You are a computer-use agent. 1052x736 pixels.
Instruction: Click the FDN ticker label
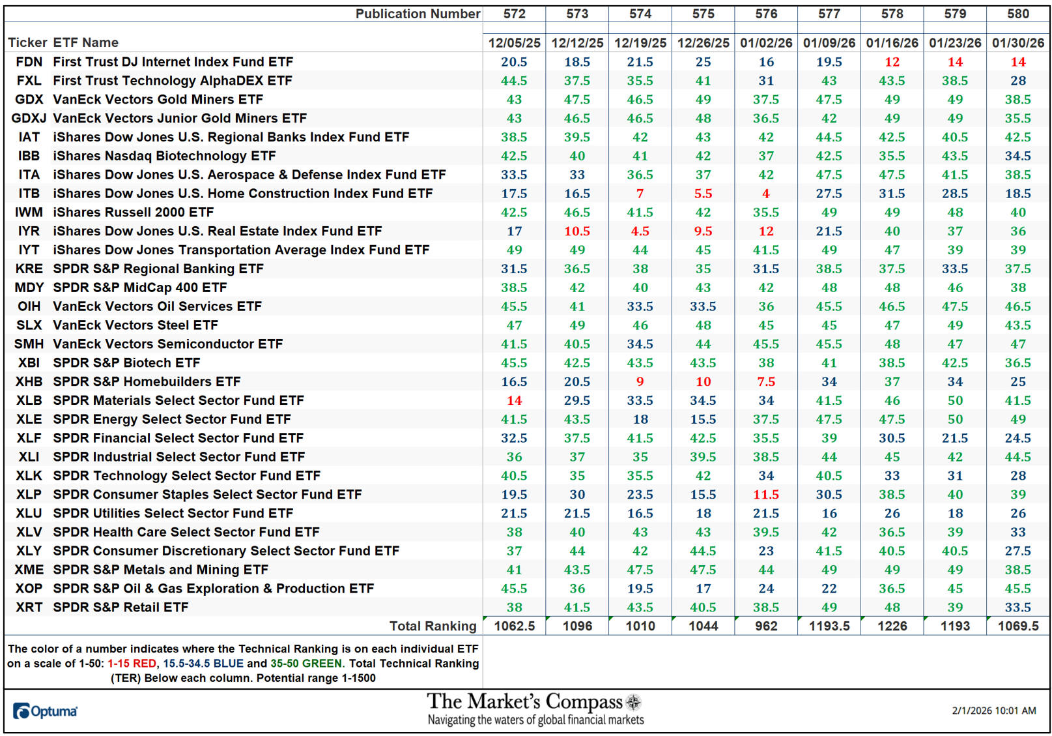pos(29,62)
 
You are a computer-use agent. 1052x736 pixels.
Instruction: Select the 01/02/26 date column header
pos(766,43)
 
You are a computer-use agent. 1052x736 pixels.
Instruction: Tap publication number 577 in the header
pos(829,14)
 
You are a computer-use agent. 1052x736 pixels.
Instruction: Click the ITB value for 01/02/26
pos(766,194)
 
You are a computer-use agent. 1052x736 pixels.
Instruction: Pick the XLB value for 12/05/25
pos(514,400)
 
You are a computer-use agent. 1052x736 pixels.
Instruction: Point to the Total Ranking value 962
pos(766,626)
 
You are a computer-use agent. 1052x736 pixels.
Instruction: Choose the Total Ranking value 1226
pos(892,626)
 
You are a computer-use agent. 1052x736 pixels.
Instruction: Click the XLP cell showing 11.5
pos(766,495)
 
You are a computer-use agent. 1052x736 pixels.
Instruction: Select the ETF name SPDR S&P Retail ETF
pos(121,608)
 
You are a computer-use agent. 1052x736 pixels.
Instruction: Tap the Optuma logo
pos(45,711)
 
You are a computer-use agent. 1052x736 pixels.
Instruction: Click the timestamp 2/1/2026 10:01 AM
pos(993,711)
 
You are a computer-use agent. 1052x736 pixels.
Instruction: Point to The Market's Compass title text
pos(525,702)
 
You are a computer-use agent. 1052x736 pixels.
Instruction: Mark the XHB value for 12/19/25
pos(640,382)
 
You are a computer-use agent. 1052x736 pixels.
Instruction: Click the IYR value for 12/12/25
pos(577,231)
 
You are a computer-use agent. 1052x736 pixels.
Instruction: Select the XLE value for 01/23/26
pos(955,419)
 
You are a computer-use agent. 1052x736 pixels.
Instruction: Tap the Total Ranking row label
pos(433,626)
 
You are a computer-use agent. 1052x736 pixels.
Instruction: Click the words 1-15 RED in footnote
pos(132,664)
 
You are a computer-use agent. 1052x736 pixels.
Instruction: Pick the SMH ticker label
pos(29,344)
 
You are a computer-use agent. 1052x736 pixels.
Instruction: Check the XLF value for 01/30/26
pos(1017,438)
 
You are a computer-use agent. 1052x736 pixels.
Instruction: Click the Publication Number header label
pos(418,14)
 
